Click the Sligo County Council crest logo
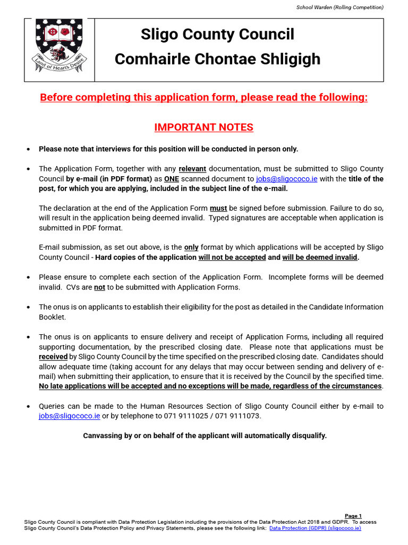tap(59, 48)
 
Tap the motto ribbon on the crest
tap(59, 69)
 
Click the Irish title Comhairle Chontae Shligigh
tap(217, 59)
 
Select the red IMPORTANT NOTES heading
tap(203, 128)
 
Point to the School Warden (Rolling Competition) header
tap(339, 7)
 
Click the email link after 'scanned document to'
tap(286, 179)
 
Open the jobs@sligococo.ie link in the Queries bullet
tap(69, 416)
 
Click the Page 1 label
tap(353, 516)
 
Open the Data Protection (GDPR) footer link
tap(315, 528)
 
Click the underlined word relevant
tap(192, 169)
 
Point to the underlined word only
tap(191, 247)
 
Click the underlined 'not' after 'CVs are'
tap(99, 287)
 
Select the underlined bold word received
tap(53, 357)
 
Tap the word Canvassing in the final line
tap(102, 436)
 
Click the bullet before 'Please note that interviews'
tap(28, 149)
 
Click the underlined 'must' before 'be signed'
tap(218, 208)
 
